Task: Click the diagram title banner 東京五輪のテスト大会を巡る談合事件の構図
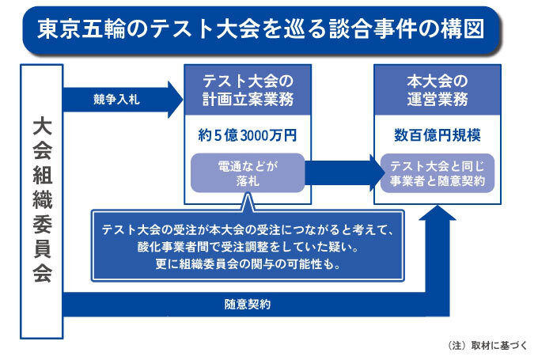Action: coord(261,30)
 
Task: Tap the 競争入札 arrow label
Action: coord(116,100)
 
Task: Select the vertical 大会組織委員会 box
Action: coord(41,202)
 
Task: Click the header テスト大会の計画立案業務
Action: coord(248,90)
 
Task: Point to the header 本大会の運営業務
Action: coord(438,90)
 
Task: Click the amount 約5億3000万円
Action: coord(248,135)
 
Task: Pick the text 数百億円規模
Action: coord(438,135)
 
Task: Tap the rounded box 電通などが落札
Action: coord(248,173)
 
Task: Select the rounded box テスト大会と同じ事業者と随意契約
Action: coord(438,173)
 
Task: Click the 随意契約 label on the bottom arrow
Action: coord(248,305)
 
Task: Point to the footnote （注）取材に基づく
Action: coord(487,345)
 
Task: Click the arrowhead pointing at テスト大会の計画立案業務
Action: coord(176,100)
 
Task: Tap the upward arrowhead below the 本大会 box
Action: coord(438,213)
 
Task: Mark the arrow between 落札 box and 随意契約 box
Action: coord(344,173)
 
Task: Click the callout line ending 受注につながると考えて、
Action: coord(248,229)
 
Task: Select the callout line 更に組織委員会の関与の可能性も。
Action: coord(248,264)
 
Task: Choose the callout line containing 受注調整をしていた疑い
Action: coord(248,247)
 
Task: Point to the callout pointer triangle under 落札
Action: coord(248,203)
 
